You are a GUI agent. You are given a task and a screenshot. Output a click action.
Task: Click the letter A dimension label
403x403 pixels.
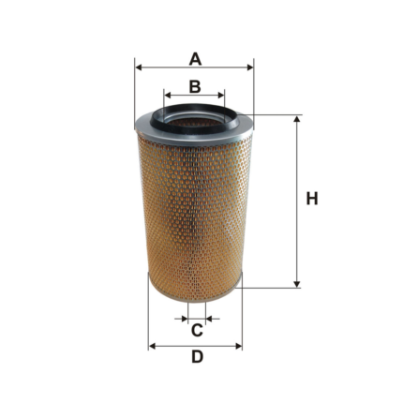click(x=195, y=59)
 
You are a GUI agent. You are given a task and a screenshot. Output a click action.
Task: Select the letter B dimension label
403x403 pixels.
click(x=195, y=86)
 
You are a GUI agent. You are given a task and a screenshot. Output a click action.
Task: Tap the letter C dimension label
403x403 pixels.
click(x=197, y=330)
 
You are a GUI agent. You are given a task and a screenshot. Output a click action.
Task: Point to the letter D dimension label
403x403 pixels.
click(x=197, y=357)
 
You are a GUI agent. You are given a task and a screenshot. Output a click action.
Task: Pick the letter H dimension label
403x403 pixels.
click(x=312, y=199)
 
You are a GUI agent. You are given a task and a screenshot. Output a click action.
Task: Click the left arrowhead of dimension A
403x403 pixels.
click(x=139, y=67)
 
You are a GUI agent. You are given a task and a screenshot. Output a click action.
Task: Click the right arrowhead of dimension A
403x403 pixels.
click(x=249, y=67)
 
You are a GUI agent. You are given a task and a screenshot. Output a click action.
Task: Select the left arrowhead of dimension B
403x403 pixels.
click(x=168, y=95)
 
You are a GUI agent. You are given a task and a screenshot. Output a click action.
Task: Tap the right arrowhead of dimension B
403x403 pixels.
click(x=221, y=95)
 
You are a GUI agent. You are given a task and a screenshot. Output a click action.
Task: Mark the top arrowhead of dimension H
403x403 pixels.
click(x=297, y=120)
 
